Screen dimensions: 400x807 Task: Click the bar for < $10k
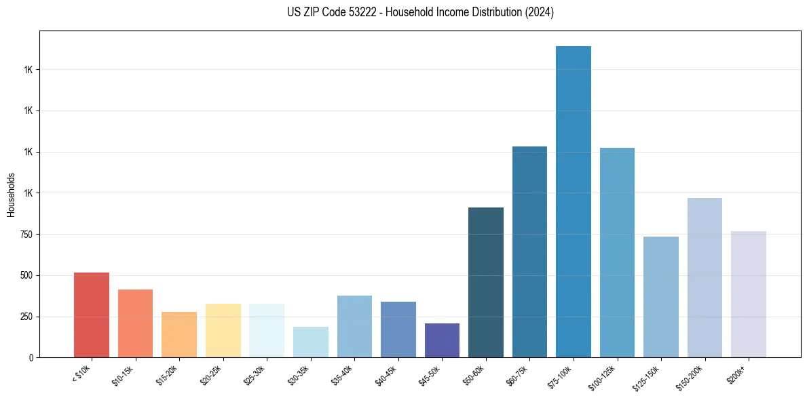pyautogui.click(x=92, y=315)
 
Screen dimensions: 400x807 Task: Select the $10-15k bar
pyautogui.click(x=135, y=323)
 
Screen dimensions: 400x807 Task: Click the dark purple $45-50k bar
pyautogui.click(x=442, y=340)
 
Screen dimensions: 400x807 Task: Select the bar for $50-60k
pyautogui.click(x=486, y=282)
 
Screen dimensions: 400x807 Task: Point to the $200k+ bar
pyautogui.click(x=749, y=294)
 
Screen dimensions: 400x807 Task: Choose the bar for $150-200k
pyautogui.click(x=705, y=277)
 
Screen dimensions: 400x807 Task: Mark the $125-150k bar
pyautogui.click(x=661, y=297)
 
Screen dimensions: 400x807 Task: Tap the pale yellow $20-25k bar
pyautogui.click(x=223, y=330)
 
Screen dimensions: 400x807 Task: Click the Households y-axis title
pyautogui.click(x=11, y=195)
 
